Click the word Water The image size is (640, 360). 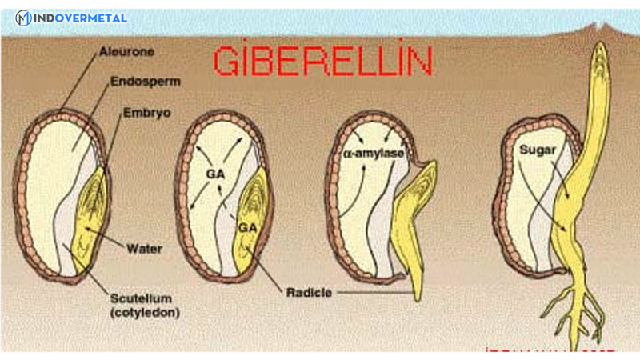point(144,249)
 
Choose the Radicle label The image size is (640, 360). point(307,293)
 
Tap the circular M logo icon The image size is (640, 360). point(23,18)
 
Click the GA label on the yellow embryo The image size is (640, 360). point(248,228)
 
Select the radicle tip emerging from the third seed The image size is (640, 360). point(418,292)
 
